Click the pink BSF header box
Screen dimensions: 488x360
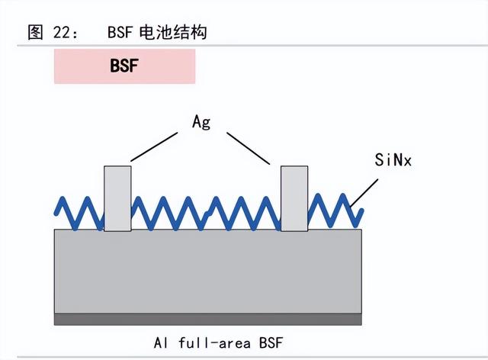coord(124,66)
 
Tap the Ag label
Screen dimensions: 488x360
coord(201,122)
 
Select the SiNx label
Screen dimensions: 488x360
coord(393,160)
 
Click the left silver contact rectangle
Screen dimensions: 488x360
coord(117,198)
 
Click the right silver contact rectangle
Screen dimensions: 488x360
coord(294,198)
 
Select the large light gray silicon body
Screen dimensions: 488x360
coord(207,271)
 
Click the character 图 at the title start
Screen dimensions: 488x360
coord(35,32)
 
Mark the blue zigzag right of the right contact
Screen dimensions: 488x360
coord(335,209)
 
